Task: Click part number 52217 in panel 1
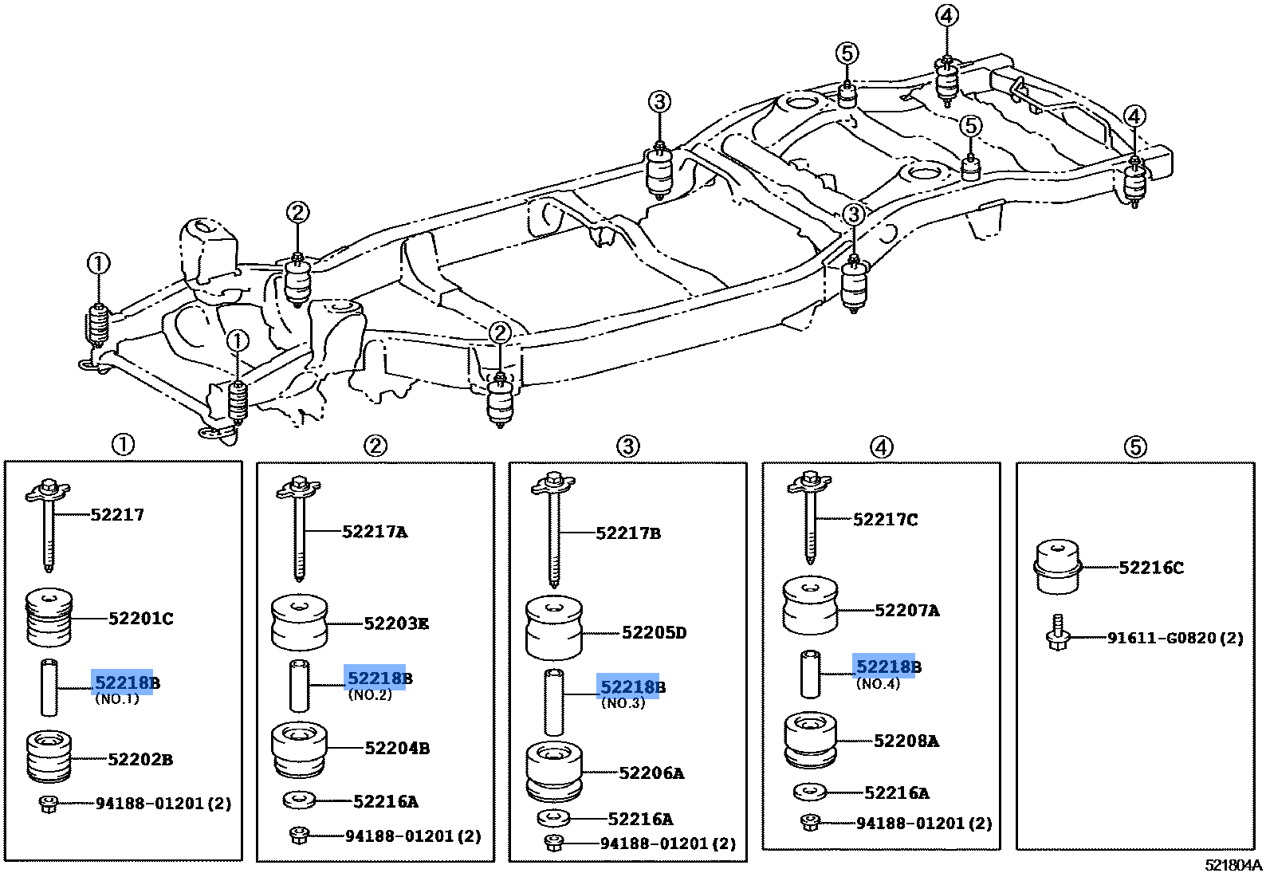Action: click(117, 515)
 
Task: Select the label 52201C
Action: click(140, 619)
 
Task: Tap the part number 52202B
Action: click(140, 760)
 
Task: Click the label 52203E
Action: click(396, 623)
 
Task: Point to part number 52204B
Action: click(397, 749)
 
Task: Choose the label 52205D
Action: click(654, 633)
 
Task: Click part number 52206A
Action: click(651, 773)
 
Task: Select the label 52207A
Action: click(907, 611)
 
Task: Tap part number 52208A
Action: click(906, 741)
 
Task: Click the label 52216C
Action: click(1151, 568)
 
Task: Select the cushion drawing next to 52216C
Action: click(1057, 567)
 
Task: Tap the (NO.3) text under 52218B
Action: click(623, 703)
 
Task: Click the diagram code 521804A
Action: click(1233, 865)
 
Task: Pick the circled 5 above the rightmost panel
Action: click(1135, 447)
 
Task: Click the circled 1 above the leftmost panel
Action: click(123, 445)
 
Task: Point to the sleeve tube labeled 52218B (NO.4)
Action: click(811, 674)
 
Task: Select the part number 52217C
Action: click(885, 520)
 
